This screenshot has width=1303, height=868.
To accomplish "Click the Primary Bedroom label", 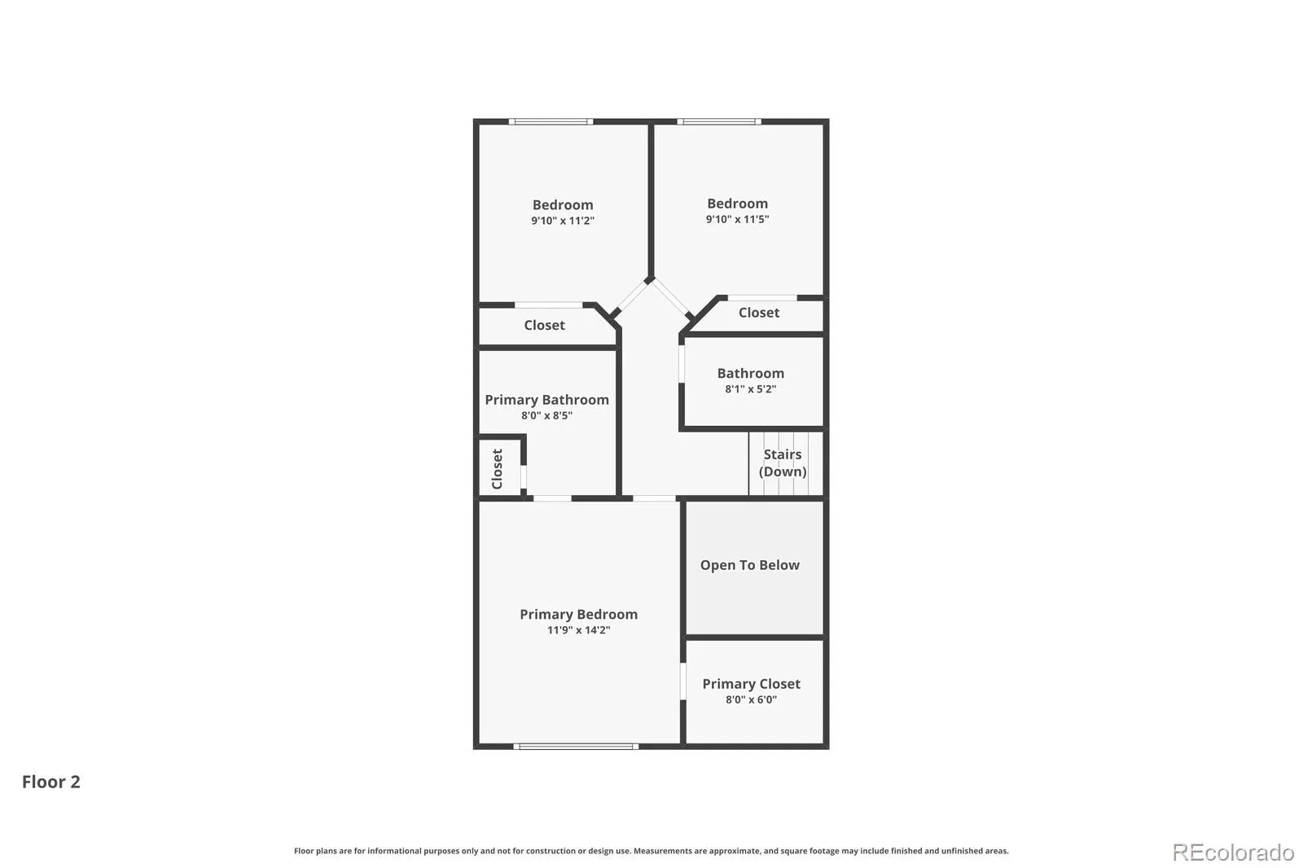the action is (x=578, y=614).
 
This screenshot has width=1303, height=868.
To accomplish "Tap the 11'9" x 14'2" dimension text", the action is (x=578, y=630).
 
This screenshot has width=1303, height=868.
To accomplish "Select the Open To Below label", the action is (x=749, y=565).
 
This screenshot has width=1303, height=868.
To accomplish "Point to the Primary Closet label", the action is (x=751, y=684).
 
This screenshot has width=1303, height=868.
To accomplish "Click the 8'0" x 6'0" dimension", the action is (x=751, y=699).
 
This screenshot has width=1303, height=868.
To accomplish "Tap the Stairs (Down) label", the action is (x=783, y=463).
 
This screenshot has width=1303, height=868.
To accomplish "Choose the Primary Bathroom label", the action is (x=546, y=401).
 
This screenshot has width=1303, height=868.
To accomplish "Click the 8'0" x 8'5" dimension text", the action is (x=546, y=415).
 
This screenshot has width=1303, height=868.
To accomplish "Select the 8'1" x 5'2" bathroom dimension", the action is (x=750, y=389).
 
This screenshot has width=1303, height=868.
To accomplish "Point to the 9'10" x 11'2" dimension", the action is (x=563, y=221).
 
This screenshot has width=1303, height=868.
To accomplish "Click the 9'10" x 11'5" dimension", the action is (x=737, y=219).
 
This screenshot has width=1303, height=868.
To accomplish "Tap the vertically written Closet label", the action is (x=497, y=469).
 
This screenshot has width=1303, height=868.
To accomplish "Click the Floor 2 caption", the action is (x=51, y=782).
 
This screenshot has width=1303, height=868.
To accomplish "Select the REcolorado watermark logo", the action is (x=1233, y=853).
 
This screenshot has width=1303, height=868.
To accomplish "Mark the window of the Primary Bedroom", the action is (x=576, y=747).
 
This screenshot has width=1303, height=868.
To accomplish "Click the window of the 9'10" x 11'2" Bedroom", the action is (x=551, y=121).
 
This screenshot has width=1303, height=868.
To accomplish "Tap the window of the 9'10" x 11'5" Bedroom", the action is (x=719, y=121).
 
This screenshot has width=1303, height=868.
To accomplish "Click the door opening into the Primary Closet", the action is (x=683, y=682).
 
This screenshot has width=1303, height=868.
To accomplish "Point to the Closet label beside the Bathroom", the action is (x=758, y=313).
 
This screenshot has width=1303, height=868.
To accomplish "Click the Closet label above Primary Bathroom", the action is (x=544, y=325).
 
